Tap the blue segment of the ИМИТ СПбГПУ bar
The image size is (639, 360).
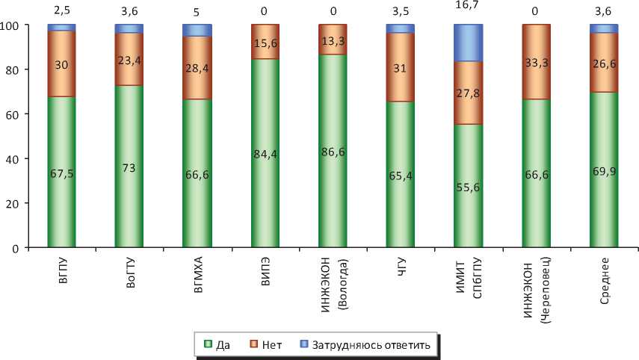pos(468,43)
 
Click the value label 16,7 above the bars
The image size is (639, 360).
pos(468,10)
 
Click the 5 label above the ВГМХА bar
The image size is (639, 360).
pos(196,10)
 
